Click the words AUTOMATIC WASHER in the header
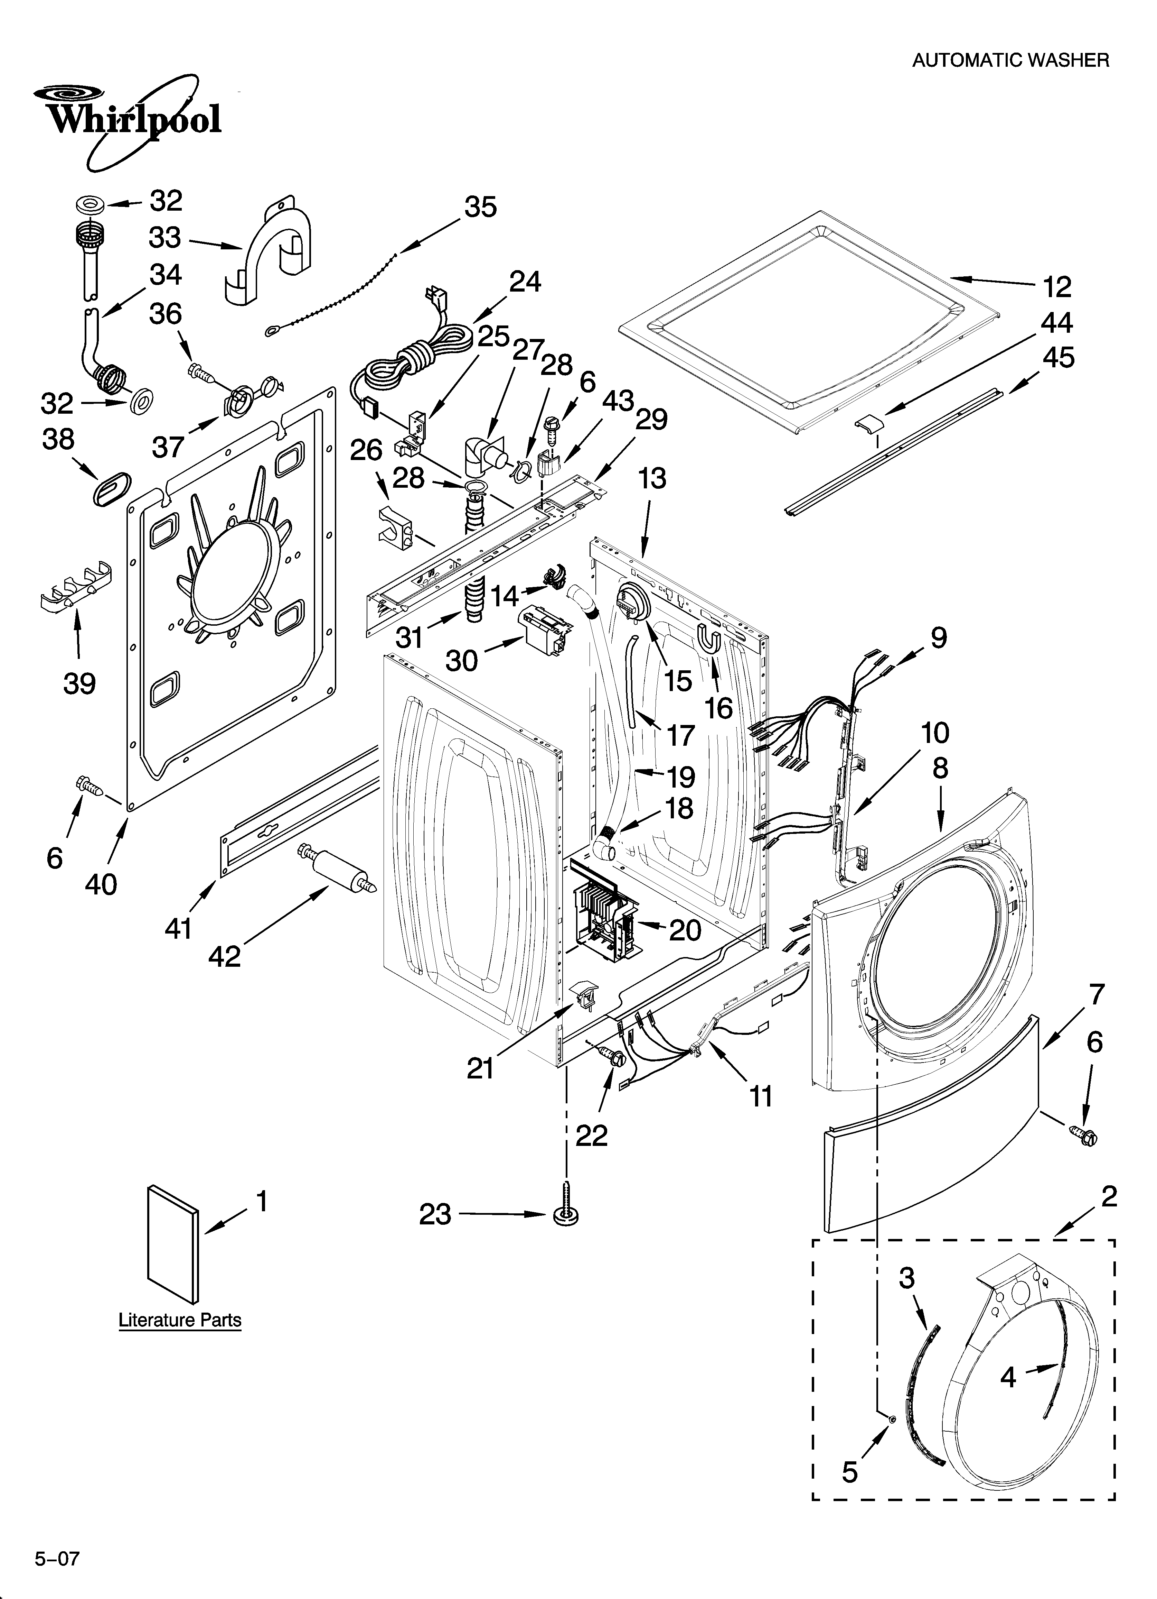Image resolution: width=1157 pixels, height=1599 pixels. coord(1010,61)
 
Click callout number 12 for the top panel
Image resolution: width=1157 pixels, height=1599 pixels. coord(1057,286)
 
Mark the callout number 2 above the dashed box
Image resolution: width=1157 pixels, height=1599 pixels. coord(1108,1196)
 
